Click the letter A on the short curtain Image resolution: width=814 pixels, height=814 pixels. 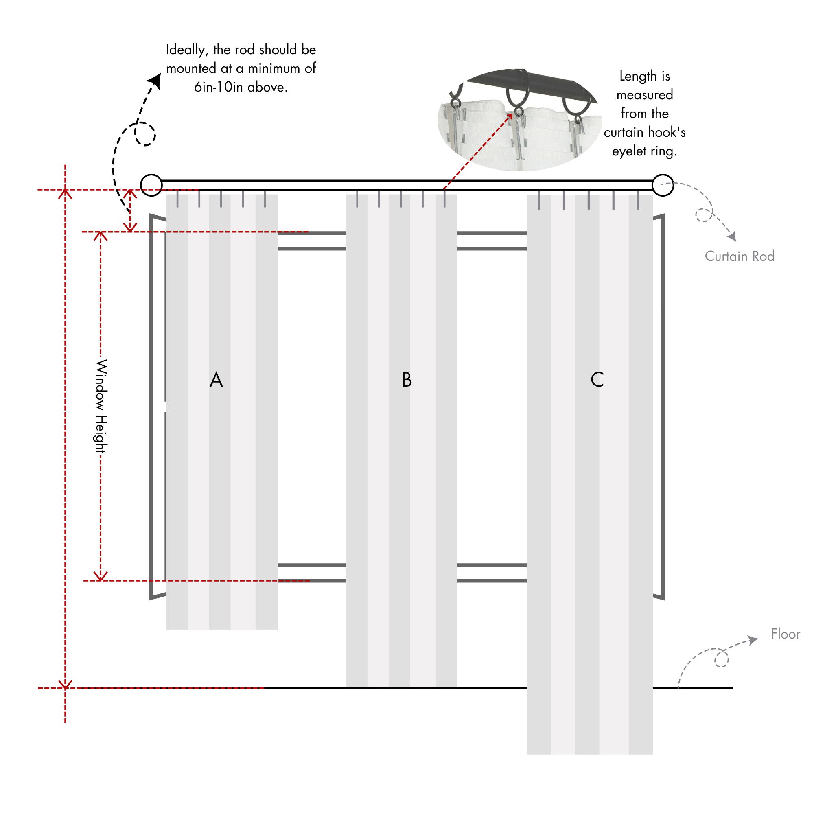pyautogui.click(x=216, y=380)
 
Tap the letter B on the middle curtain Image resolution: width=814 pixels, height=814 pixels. pyautogui.click(x=407, y=380)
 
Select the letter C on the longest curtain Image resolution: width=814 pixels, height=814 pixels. pyautogui.click(x=597, y=380)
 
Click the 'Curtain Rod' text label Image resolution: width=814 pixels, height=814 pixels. pyautogui.click(x=740, y=256)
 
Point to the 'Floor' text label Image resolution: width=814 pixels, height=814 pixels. pyautogui.click(x=786, y=634)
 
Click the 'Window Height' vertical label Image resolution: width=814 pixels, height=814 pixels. pyautogui.click(x=101, y=406)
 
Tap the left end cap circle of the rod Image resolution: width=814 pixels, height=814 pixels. pyautogui.click(x=151, y=185)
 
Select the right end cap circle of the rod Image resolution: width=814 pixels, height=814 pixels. pyautogui.click(x=662, y=185)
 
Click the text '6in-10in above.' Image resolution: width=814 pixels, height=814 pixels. pyautogui.click(x=241, y=87)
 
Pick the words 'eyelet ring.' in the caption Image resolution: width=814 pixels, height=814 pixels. pyautogui.click(x=644, y=151)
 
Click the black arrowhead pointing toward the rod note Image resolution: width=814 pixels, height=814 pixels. pyautogui.click(x=155, y=80)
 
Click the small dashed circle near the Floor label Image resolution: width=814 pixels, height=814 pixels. pyautogui.click(x=721, y=659)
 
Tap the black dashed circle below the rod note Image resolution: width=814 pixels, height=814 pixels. pyautogui.click(x=145, y=134)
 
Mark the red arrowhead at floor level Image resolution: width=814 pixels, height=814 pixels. pyautogui.click(x=65, y=684)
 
